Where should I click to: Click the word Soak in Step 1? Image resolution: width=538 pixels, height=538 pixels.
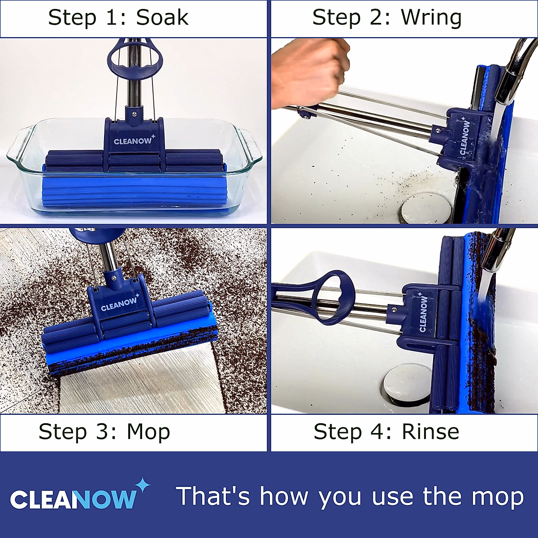click(162, 18)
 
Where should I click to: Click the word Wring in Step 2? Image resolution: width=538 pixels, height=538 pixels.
click(431, 18)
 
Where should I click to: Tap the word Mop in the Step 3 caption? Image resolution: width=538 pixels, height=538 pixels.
click(148, 432)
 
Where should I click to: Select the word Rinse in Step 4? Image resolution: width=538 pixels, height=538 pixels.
click(430, 432)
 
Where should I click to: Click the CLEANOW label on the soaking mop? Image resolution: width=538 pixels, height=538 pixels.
click(133, 141)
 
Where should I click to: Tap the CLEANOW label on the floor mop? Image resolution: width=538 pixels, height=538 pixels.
click(119, 304)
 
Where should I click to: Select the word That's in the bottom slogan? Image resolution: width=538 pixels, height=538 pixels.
click(213, 496)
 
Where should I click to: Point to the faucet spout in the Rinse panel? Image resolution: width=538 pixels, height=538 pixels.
click(498, 251)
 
